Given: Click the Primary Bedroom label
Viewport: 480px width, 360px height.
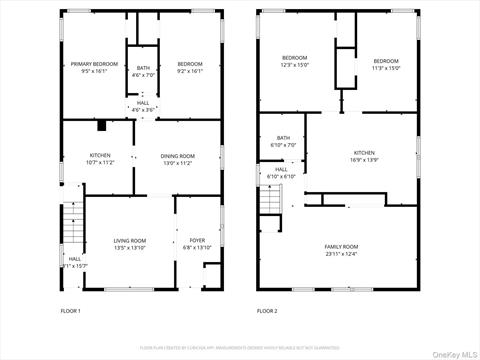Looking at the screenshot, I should [94, 64].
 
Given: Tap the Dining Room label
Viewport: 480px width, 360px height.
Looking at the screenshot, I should [178, 156].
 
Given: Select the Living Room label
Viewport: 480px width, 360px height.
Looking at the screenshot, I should [129, 241].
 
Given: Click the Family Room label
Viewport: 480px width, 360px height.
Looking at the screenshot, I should [340, 246].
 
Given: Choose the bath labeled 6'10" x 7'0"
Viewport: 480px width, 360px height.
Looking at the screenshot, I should [284, 139].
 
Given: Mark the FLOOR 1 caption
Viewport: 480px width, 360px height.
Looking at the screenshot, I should [70, 311].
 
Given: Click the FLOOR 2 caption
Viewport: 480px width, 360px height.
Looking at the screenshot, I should [267, 311].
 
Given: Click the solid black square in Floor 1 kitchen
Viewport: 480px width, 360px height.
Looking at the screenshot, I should [101, 126].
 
